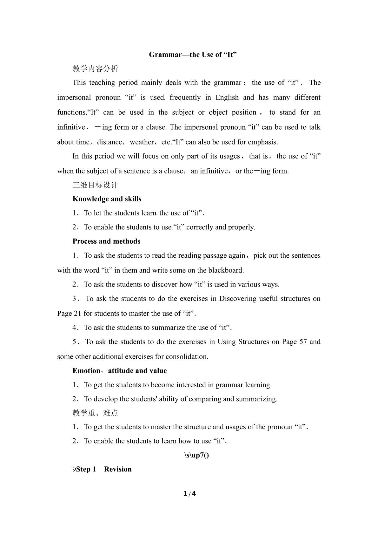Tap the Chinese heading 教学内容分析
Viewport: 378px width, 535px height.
pos(95,69)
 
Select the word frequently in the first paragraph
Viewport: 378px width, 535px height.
pos(185,98)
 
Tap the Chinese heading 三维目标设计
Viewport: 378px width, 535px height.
pos(95,185)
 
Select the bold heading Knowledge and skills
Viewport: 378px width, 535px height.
pos(107,199)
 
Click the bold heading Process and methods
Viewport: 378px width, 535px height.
pos(106,241)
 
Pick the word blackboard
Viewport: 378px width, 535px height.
pos(226,270)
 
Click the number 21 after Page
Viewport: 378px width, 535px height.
pos(78,314)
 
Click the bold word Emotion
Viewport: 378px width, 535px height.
pos(86,371)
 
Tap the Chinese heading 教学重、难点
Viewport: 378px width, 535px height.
pos(95,413)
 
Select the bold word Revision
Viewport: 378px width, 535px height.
pos(118,469)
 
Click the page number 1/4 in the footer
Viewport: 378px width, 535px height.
pos(189,494)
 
